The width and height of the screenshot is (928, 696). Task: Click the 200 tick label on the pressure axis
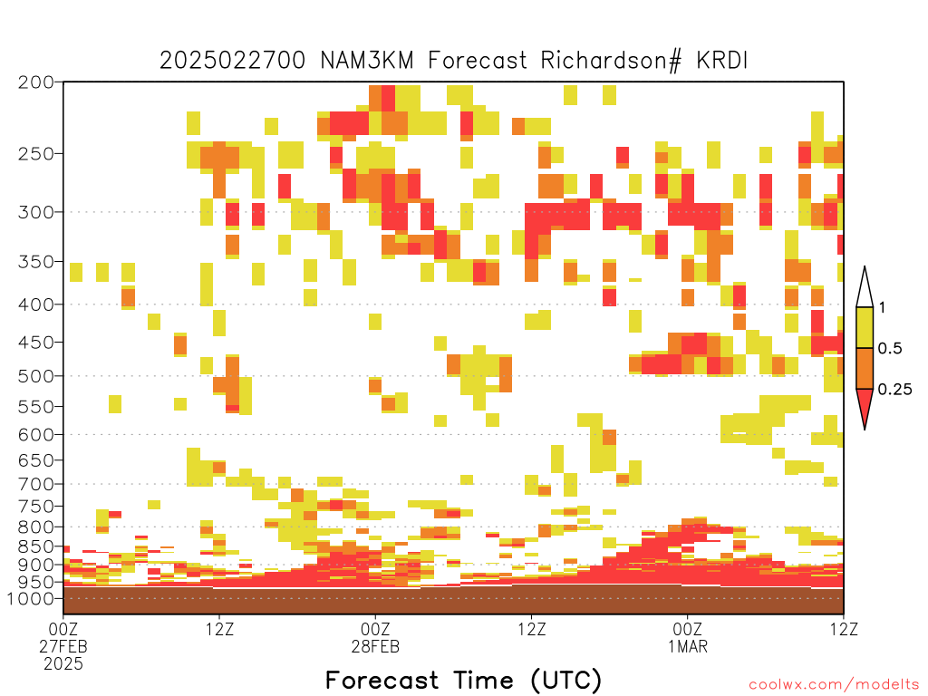coord(36,82)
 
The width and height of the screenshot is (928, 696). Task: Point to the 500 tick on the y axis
coord(36,376)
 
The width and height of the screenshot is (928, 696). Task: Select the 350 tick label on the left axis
coord(36,262)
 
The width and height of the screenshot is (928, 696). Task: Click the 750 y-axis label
coord(36,506)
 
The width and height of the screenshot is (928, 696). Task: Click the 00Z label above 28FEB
coord(375,629)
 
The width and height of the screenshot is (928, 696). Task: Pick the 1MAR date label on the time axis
coord(688,646)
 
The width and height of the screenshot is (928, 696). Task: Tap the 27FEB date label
coord(63,646)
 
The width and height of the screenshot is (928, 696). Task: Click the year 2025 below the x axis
coord(63,664)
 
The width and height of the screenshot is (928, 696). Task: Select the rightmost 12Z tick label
coord(844,629)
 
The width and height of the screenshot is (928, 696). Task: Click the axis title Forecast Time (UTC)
coord(463,680)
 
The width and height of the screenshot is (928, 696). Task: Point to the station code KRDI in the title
coord(722,61)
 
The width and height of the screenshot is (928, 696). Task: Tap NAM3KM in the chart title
coord(367,61)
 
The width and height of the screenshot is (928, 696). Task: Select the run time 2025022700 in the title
coord(233,61)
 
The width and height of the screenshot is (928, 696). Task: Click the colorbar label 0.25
coord(894,390)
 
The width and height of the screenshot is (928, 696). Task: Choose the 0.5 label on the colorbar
coord(890,348)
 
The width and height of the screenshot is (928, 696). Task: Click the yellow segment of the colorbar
coord(865,327)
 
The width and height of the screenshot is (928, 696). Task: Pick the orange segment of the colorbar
coord(865,368)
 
